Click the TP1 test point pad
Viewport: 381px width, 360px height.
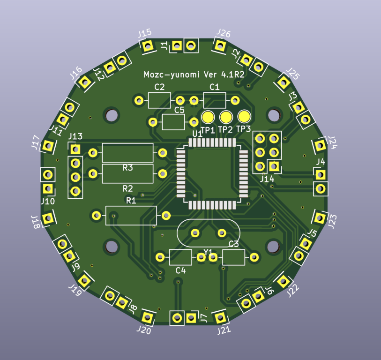point(208,117)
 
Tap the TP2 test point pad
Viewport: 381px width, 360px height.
point(226,117)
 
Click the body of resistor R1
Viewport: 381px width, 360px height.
point(131,215)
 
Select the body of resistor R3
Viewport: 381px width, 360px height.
point(127,153)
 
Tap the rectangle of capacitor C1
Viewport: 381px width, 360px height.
point(215,100)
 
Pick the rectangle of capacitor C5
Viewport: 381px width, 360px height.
point(173,122)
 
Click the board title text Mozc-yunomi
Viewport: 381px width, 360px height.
point(172,75)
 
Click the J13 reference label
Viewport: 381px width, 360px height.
point(75,137)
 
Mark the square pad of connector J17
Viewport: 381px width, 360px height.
point(47,146)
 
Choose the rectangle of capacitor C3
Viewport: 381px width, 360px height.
point(234,257)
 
